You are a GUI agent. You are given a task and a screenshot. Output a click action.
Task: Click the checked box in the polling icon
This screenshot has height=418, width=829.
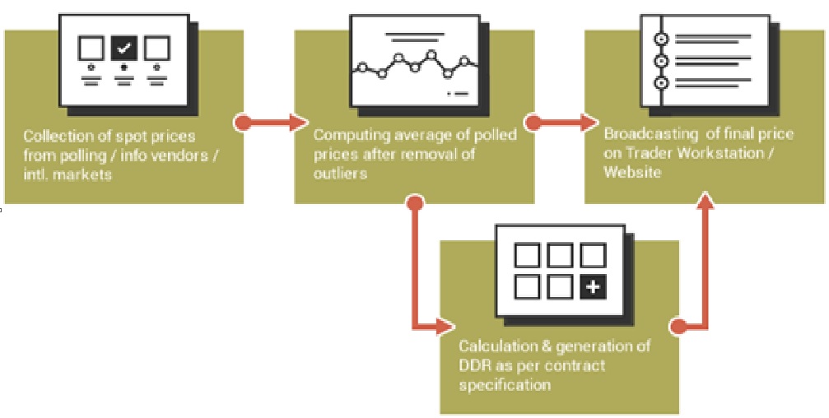coord(123,49)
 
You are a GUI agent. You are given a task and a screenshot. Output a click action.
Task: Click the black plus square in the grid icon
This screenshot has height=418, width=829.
coord(594,287)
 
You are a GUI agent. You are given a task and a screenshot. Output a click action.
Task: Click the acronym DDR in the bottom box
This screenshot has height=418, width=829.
coord(473,365)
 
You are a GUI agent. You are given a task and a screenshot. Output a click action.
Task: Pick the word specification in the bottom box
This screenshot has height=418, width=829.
coord(505,385)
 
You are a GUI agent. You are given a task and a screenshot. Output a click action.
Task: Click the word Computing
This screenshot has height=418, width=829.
coord(346,135)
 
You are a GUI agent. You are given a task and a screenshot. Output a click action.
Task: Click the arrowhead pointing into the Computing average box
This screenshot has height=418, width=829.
coord(298,123)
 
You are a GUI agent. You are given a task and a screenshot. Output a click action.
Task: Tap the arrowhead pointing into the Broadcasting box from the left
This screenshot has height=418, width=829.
coord(588,123)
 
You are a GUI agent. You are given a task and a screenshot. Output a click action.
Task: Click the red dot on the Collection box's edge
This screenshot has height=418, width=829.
coord(242,123)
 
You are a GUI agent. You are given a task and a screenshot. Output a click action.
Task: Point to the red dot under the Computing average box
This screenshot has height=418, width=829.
coord(416,203)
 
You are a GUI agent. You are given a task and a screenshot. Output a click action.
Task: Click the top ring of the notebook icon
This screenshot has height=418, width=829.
coord(661,39)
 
